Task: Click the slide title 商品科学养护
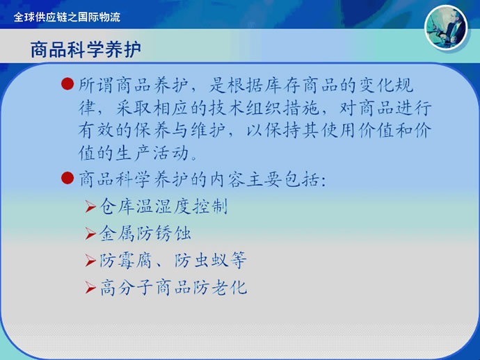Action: tap(86, 49)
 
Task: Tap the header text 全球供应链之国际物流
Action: tap(67, 17)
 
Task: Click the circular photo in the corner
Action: tap(446, 28)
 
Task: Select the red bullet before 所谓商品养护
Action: tap(67, 84)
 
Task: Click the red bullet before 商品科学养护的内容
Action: tap(67, 178)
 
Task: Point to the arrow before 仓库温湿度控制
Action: tap(91, 206)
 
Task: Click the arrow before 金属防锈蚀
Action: tap(91, 234)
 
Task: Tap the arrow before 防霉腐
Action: tap(91, 261)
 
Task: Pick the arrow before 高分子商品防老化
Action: tap(91, 288)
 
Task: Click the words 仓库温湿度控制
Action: tap(163, 206)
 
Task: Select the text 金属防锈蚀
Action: tap(145, 234)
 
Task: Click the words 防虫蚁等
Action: tap(211, 261)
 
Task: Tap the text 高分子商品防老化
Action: tap(174, 288)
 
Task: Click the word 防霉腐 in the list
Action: tap(126, 261)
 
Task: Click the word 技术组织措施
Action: tap(264, 108)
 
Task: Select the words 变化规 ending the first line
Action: tap(386, 85)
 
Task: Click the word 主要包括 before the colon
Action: tap(283, 179)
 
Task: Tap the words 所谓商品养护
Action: tap(133, 85)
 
